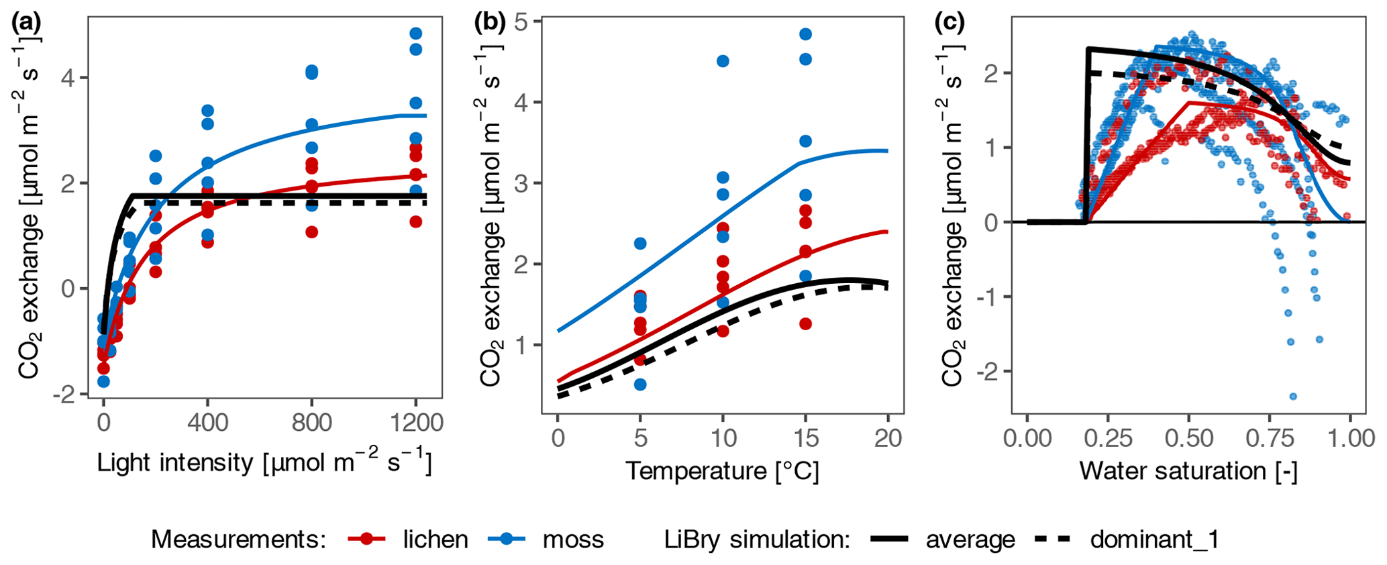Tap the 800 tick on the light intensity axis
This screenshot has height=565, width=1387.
[x=311, y=422]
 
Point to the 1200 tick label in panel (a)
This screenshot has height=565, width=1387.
[x=415, y=422]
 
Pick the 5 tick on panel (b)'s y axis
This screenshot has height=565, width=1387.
[x=525, y=21]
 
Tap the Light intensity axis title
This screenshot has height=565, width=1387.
[x=264, y=462]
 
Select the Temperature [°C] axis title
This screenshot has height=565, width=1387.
[x=722, y=470]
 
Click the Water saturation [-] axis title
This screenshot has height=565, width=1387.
[x=1188, y=470]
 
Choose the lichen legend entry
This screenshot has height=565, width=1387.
[x=435, y=539]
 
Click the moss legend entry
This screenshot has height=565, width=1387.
[x=573, y=539]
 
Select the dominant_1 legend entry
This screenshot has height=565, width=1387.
[x=1154, y=539]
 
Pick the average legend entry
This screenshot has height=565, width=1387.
[x=970, y=539]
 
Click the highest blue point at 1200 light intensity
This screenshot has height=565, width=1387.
[x=416, y=34]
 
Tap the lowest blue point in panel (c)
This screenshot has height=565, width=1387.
[x=1293, y=397]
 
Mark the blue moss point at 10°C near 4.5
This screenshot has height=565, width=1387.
[x=723, y=61]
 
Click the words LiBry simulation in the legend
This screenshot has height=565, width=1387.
[x=757, y=539]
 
